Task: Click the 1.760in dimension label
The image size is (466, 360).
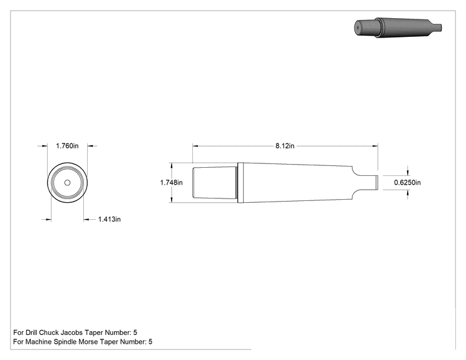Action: pos(67,146)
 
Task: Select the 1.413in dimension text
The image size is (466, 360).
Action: pos(110,219)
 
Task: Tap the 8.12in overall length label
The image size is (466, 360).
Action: pos(285,146)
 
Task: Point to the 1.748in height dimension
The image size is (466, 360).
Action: pos(172,182)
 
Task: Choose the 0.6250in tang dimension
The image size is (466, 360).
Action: pos(408,182)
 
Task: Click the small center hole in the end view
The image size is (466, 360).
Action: pos(68,183)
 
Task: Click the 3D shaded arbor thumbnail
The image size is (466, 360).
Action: pos(398,28)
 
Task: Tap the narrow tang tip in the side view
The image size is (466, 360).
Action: pos(376,182)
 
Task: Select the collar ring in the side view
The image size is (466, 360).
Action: pos(241,183)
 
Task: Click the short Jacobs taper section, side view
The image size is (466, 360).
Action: pos(215,183)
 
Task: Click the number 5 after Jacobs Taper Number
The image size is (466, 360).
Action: pos(135,332)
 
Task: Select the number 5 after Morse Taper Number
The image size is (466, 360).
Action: pos(150,342)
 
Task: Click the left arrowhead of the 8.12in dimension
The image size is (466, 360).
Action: pos(195,146)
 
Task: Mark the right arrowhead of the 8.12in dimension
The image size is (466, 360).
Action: pos(375,146)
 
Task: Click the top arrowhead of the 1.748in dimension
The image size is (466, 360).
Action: pos(172,165)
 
